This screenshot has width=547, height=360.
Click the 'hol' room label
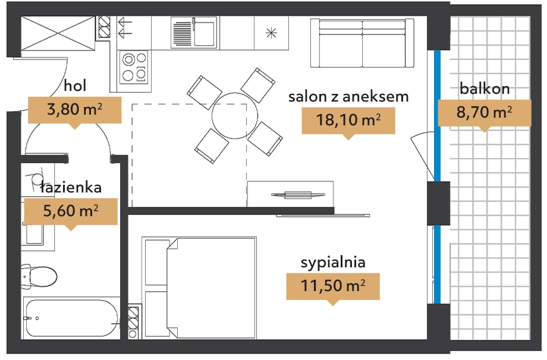(75, 86)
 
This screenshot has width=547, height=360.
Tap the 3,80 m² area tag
(75, 110)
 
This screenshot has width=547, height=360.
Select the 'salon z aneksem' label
(348, 96)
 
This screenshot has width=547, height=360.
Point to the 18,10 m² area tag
(348, 121)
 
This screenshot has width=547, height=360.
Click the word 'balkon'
(485, 89)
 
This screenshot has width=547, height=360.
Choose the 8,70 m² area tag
(484, 113)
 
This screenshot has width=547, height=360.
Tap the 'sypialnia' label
(333, 263)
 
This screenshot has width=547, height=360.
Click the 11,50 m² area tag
(333, 286)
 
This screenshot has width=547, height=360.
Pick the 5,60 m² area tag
(71, 211)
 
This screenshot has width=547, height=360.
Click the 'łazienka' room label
(71, 188)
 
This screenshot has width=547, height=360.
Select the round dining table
(235, 116)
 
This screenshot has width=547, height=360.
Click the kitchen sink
(194, 33)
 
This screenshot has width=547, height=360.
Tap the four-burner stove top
(134, 68)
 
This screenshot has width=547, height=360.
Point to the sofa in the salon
(362, 43)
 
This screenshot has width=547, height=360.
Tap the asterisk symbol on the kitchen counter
(271, 33)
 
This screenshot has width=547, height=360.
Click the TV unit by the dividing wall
(290, 194)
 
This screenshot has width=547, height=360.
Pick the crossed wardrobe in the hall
(58, 33)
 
